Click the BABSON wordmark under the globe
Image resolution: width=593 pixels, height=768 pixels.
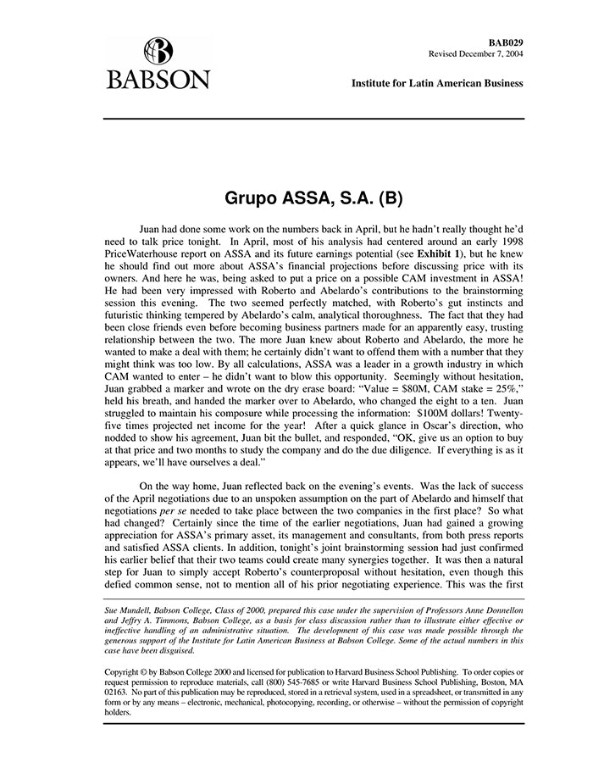tap(158, 81)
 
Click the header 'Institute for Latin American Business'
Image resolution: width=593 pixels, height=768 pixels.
tap(437, 83)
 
